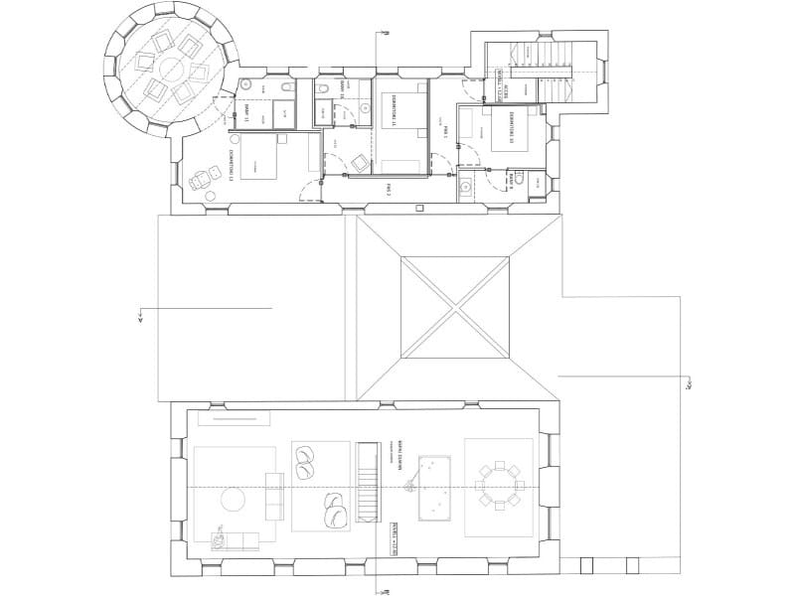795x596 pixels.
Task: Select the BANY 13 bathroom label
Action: point(245,111)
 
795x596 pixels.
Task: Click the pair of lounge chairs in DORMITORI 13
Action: point(203,183)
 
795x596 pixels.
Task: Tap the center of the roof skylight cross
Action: point(456,308)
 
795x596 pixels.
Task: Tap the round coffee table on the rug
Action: point(233,501)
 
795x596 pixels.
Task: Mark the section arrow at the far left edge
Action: point(142,318)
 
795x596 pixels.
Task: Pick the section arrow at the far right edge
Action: point(688,383)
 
